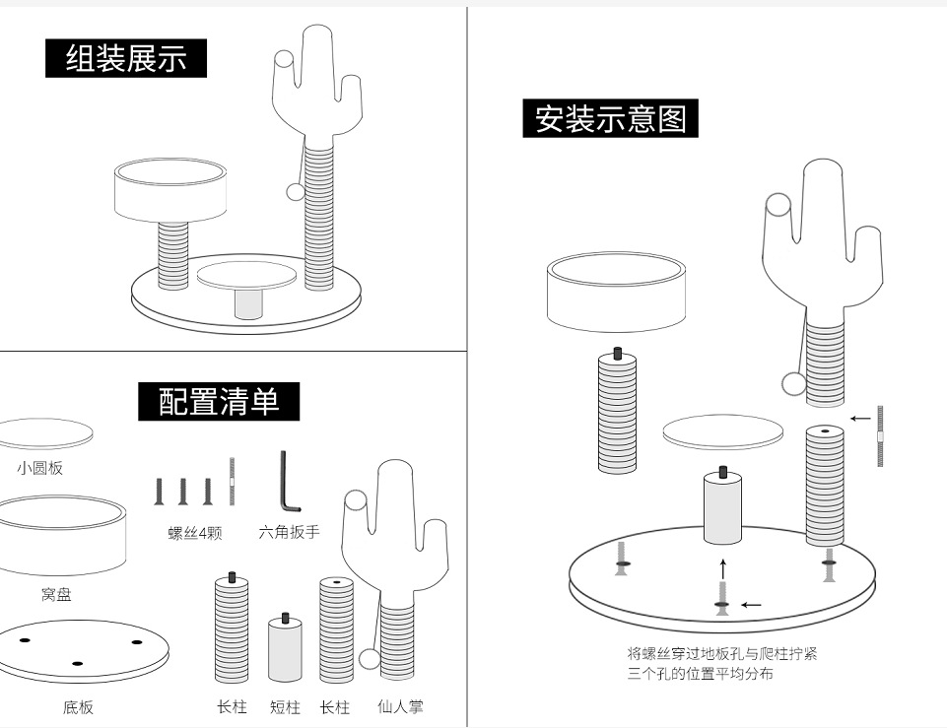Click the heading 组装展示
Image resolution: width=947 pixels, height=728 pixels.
tap(126, 58)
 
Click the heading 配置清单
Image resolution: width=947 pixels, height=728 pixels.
tap(219, 402)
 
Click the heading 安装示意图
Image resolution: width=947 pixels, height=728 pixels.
tap(610, 119)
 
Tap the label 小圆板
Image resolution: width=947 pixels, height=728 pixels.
tap(39, 468)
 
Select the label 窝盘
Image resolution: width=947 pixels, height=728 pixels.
tap(56, 594)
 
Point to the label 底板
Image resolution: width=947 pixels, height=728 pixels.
tap(78, 706)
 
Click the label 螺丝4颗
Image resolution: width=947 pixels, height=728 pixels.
tap(195, 533)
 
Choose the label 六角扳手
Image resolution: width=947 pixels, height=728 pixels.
tap(289, 532)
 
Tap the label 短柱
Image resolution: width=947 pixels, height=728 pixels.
tap(285, 706)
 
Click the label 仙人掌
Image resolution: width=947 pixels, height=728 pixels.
tap(400, 706)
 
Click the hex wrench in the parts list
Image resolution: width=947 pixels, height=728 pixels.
tap(287, 483)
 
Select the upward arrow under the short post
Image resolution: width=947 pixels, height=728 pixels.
tap(722, 568)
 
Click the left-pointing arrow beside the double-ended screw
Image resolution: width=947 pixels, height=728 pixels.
tap(859, 418)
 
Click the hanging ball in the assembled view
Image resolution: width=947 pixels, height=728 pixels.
tap(294, 191)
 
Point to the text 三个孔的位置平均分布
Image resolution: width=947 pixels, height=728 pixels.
tap(701, 674)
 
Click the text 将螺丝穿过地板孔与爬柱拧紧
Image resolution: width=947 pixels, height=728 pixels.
tap(722, 653)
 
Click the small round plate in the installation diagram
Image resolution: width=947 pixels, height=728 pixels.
tap(722, 431)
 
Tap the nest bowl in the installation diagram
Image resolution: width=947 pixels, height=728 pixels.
tap(616, 291)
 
